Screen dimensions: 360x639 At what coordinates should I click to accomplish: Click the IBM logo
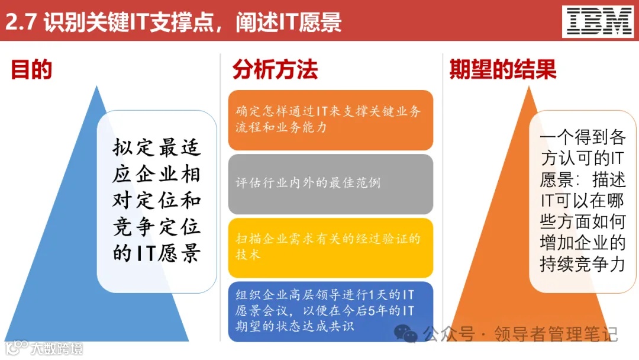click(598, 21)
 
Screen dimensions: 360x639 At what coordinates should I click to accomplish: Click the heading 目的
click(31, 70)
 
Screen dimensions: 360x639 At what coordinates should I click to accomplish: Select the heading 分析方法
click(275, 70)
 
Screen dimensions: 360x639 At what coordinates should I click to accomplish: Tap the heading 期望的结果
click(502, 70)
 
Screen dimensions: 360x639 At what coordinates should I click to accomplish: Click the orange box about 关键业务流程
click(330, 120)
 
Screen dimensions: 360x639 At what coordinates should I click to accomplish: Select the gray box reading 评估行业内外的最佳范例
click(330, 183)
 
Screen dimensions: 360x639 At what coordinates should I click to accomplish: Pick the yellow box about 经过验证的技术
click(330, 247)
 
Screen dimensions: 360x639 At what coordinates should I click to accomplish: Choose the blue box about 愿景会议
click(330, 311)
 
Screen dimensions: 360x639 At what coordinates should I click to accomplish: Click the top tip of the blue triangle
click(96, 87)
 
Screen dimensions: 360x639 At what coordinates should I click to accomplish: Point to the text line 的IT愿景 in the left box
click(157, 253)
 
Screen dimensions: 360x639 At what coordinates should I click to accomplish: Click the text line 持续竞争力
click(582, 264)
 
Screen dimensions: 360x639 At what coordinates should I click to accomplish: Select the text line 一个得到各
click(582, 138)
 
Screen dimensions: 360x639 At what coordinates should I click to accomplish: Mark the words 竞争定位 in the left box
click(157, 227)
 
